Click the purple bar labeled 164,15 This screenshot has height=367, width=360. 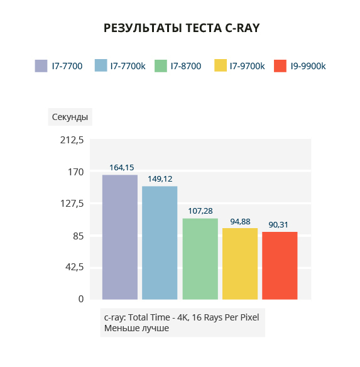[x=120, y=237]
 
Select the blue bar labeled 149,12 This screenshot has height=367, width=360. [x=160, y=243]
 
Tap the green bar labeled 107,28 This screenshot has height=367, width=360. [x=200, y=259]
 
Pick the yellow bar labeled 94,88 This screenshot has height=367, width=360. [x=240, y=263]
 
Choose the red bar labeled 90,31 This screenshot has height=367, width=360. [x=280, y=265]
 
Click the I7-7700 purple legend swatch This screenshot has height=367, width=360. [x=41, y=66]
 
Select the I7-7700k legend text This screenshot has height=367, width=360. [x=128, y=66]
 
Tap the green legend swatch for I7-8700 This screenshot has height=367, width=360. [x=161, y=66]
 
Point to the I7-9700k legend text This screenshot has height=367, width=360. [x=247, y=66]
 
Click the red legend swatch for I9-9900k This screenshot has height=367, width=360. [x=280, y=66]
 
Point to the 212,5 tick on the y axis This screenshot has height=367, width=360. [x=72, y=140]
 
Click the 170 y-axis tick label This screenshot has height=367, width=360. [x=75, y=172]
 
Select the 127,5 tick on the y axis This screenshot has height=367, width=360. [x=72, y=204]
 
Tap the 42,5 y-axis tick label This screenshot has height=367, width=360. [x=74, y=266]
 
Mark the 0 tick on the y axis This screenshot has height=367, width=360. [x=81, y=299]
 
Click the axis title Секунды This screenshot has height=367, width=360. [x=70, y=117]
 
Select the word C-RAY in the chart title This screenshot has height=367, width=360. [x=243, y=28]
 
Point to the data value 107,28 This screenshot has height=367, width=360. [x=200, y=211]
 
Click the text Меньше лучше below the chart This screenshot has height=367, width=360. [x=136, y=328]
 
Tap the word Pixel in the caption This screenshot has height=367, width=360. [x=250, y=317]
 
